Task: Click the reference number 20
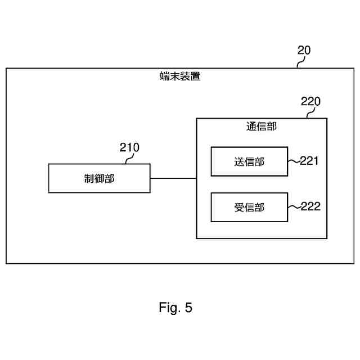pos(304,51)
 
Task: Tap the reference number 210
pos(129,148)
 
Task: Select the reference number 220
pos(310,102)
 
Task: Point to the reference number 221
pos(309,161)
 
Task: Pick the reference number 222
pos(310,206)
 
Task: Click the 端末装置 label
pos(180,77)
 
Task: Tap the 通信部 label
pos(261,127)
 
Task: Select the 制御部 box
pos(99,178)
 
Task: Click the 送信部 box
pos(249,161)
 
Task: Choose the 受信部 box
pos(249,207)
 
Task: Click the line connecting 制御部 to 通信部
pos(173,178)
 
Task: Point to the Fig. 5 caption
pos(175,308)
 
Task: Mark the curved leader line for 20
pos(300,62)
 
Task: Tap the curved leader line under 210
pos(127,159)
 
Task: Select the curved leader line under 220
pos(308,113)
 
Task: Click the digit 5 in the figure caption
pos(188,308)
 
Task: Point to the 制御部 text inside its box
pos(99,179)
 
